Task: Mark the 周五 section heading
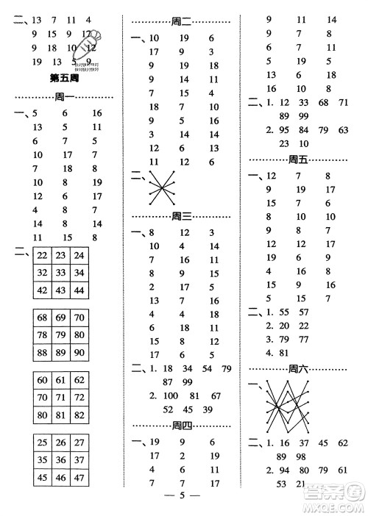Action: tap(300, 160)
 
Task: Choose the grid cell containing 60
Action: tap(43, 380)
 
